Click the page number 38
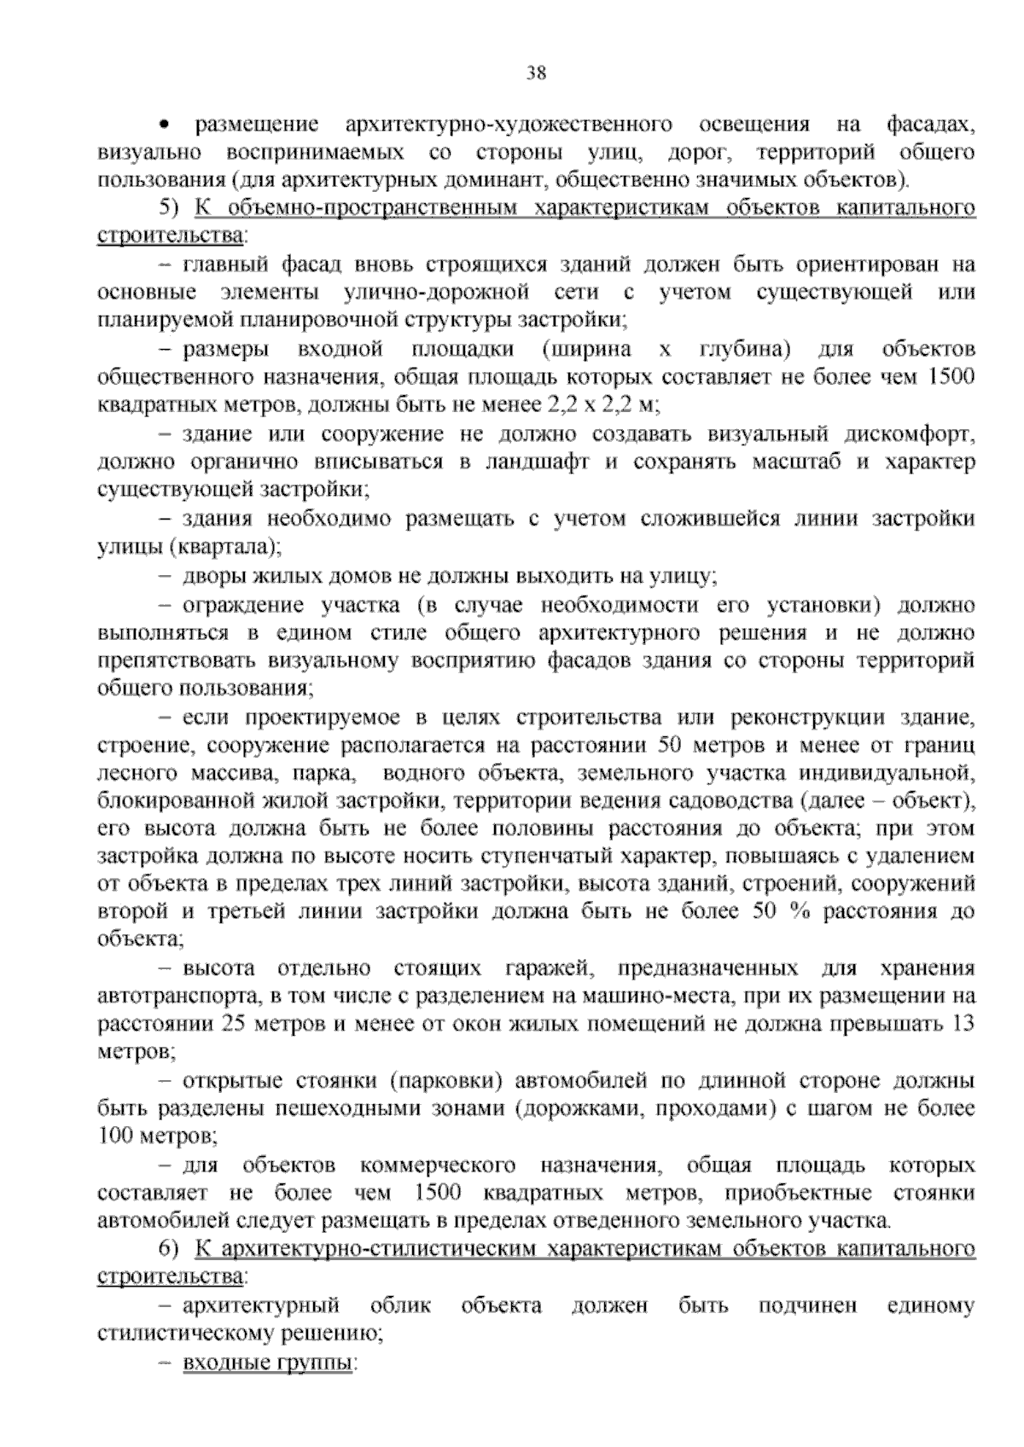pyautogui.click(x=536, y=73)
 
